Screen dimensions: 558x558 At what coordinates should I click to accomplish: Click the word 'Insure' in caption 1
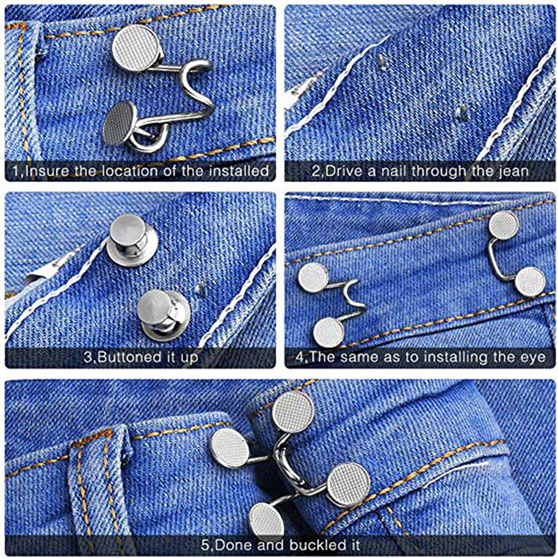47,171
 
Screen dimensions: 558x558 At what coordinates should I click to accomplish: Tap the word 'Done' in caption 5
233,545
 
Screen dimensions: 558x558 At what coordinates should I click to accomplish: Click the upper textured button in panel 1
136,48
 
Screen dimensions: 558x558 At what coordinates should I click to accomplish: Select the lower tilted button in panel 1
119,123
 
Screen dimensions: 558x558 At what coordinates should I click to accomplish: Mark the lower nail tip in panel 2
461,112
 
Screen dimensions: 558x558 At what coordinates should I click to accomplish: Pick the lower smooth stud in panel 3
163,315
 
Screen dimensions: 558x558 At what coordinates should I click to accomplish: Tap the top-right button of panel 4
503,224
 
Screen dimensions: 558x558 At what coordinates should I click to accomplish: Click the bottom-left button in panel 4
329,332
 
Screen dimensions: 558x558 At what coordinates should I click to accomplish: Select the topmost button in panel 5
293,412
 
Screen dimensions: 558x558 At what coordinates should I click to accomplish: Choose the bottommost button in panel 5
267,520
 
